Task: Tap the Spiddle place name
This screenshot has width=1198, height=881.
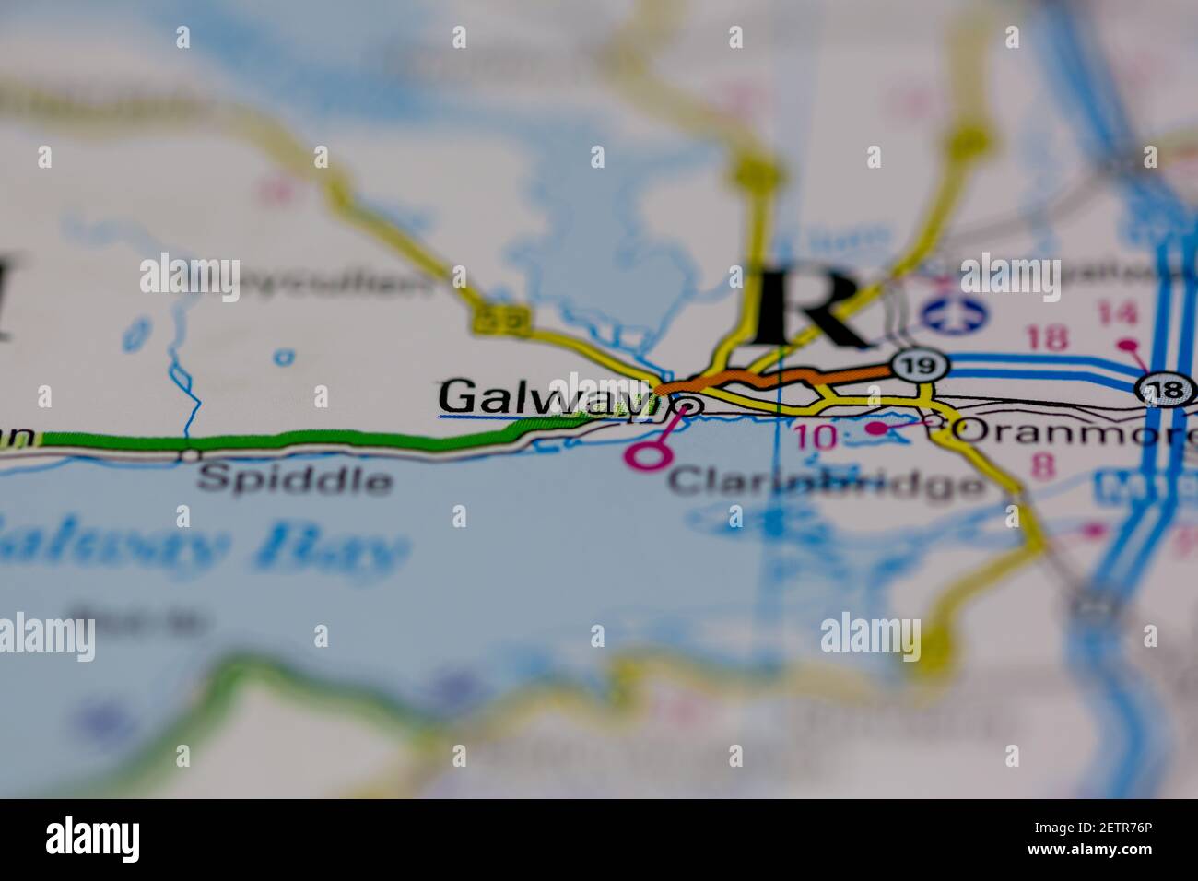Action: coord(294,479)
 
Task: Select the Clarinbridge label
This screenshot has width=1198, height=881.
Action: coord(825,482)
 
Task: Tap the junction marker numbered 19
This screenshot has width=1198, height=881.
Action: coord(920,366)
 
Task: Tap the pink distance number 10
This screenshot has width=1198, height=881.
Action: coord(814,437)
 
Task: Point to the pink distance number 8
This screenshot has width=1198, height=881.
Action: coord(1043,467)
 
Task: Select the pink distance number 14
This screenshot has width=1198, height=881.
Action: coord(1117,315)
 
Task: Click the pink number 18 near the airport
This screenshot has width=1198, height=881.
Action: coord(1047,337)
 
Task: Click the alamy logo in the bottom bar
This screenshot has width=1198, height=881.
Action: coord(93,840)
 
